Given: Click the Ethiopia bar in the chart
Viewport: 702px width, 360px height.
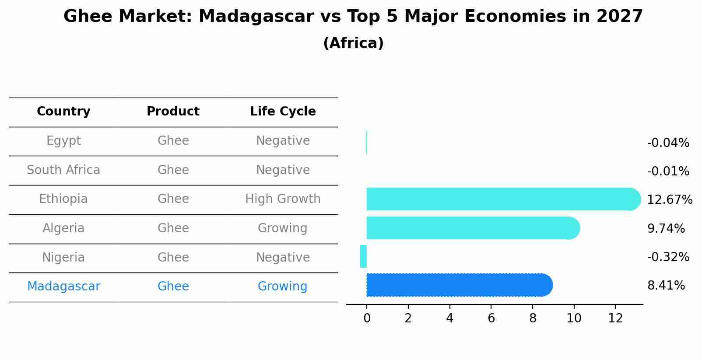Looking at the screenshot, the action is click(x=504, y=199).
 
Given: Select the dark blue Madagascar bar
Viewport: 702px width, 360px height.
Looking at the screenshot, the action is click(x=460, y=285).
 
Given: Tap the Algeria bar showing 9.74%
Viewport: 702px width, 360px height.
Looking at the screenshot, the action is click(x=473, y=228).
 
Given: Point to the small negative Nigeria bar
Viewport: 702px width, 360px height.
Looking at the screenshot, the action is click(x=363, y=256).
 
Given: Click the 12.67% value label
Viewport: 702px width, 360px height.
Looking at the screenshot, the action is click(x=670, y=199).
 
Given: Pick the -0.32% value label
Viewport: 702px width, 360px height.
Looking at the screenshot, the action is click(x=668, y=257).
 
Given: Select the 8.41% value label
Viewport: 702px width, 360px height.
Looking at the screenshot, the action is click(x=666, y=286).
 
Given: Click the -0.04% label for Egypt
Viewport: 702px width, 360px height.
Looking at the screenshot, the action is click(x=668, y=143).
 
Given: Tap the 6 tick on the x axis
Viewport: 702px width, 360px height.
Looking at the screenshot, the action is click(x=491, y=318).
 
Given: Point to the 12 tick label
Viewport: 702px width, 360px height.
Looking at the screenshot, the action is click(x=615, y=318).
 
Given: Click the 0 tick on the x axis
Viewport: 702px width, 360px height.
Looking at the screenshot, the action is click(x=367, y=318).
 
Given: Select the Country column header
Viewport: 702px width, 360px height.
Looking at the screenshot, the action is click(x=63, y=112).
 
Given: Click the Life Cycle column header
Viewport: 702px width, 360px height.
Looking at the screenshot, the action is click(x=283, y=111).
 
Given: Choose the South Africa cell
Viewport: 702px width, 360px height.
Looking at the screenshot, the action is click(x=63, y=170).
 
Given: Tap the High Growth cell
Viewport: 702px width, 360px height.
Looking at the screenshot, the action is click(x=283, y=199).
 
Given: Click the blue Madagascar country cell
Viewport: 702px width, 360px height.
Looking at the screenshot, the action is click(x=63, y=287).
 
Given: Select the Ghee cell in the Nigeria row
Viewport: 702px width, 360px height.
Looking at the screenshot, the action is click(x=173, y=257).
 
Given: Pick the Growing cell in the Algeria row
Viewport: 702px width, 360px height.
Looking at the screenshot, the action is click(x=282, y=228).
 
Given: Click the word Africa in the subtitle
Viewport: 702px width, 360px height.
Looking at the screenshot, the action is click(x=354, y=43).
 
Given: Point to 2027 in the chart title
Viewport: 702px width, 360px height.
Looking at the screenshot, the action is click(x=620, y=16).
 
